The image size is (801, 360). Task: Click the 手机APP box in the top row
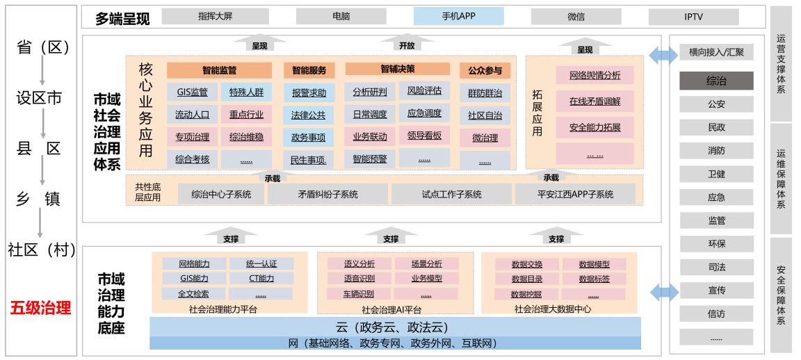pos(458,16)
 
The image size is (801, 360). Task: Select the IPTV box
pos(693,17)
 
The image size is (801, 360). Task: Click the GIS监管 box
pos(192,92)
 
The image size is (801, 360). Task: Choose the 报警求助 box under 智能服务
pos(309,92)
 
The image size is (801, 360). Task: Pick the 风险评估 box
pos(423,91)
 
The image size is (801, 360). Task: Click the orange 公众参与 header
pos(485,70)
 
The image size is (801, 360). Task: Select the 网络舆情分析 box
pos(594,75)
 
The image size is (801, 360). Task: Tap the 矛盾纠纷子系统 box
pos(327,195)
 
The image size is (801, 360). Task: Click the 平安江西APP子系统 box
pos(575,195)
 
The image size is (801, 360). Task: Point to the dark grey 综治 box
pos(716,81)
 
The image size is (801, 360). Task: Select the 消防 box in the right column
pos(716,151)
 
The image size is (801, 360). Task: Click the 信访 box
pos(716,314)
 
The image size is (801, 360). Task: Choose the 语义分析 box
pos(359,264)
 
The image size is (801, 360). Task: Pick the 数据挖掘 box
pos(526,294)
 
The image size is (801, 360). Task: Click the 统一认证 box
pos(261,264)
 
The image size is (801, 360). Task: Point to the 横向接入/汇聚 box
pos(716,52)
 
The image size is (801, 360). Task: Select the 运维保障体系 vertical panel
pos(781,179)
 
